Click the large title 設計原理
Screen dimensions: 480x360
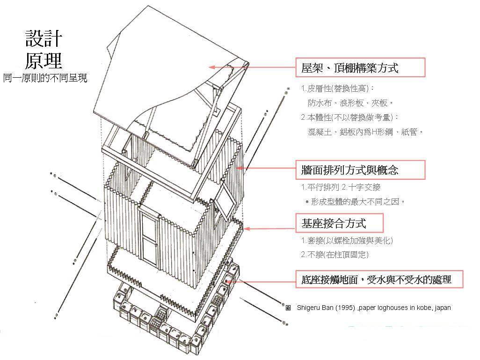click(x=44, y=49)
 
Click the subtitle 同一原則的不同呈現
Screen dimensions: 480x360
click(x=45, y=78)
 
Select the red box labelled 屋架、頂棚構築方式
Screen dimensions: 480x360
click(x=360, y=67)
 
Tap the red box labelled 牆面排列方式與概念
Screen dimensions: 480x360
click(x=360, y=170)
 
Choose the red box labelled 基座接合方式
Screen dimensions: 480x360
click(x=339, y=223)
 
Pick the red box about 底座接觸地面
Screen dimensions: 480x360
click(x=379, y=279)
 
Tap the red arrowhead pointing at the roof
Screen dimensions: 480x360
click(x=211, y=67)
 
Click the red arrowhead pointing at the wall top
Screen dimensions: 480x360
click(x=240, y=168)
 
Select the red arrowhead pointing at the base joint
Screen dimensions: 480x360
click(x=247, y=229)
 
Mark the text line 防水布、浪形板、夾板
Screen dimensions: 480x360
click(x=350, y=103)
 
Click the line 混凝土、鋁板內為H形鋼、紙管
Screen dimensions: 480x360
click(x=365, y=132)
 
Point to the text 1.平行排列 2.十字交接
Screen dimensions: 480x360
click(x=341, y=187)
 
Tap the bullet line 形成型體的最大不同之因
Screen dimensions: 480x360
click(x=355, y=202)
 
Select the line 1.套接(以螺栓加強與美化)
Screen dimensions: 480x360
click(x=347, y=241)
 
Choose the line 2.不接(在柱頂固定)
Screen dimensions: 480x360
click(x=335, y=255)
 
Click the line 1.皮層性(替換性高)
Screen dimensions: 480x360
click(x=337, y=88)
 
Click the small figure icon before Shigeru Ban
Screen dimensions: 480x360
click(x=288, y=308)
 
